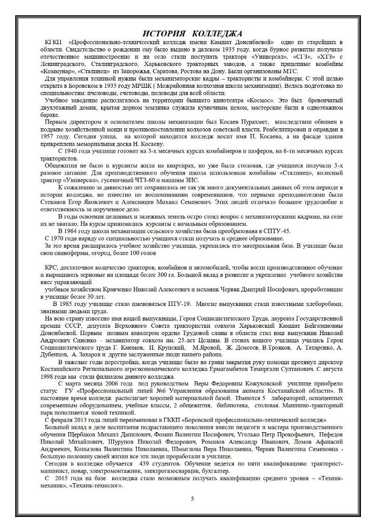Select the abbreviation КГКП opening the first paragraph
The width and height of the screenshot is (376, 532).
53,42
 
